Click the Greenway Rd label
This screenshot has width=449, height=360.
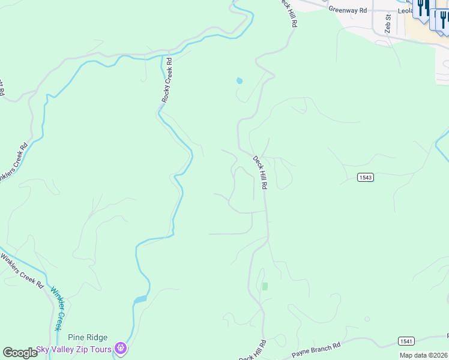click(347, 10)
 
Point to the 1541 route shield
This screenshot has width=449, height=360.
click(406, 341)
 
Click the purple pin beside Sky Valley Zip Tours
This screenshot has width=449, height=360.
click(121, 348)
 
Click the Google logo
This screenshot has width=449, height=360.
click(20, 353)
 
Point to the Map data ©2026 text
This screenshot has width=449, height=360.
click(423, 355)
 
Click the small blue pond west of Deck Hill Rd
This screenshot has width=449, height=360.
click(240, 80)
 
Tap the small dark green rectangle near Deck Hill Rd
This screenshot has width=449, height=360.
click(265, 286)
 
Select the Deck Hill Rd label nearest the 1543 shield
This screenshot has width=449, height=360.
click(259, 173)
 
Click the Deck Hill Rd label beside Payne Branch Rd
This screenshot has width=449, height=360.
click(253, 351)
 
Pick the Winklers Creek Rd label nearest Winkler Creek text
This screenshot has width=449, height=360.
click(22, 272)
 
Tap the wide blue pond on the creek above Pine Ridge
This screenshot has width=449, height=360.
click(140, 299)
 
